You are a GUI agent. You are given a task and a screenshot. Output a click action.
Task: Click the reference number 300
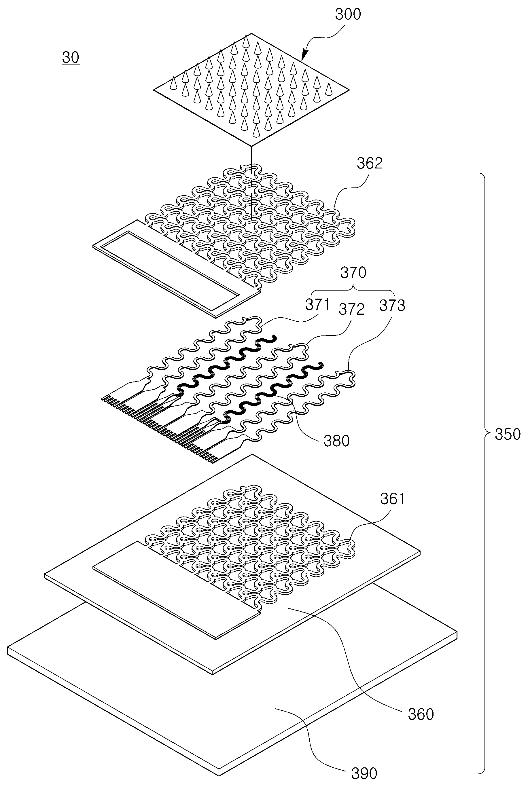click(348, 14)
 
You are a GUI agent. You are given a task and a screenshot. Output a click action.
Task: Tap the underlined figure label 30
click(71, 58)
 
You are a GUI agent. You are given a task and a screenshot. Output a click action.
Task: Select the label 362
click(370, 163)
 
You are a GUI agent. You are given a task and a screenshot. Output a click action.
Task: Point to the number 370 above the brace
click(353, 273)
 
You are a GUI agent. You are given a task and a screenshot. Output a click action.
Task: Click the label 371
click(317, 305)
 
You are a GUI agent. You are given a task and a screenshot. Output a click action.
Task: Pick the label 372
click(351, 309)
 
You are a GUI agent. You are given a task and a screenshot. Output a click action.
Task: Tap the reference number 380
click(337, 441)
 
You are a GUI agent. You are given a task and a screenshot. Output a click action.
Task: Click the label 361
click(393, 498)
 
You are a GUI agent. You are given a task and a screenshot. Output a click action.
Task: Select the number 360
click(421, 714)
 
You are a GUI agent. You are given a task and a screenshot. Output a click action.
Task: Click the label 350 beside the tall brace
click(508, 435)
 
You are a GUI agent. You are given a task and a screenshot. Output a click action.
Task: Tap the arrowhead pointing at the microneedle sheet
click(304, 56)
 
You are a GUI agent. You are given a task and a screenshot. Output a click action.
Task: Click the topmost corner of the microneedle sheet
click(251, 34)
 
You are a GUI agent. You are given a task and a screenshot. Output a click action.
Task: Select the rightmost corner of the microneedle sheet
click(349, 90)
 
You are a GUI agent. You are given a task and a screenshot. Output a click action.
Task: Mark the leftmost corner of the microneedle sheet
click(154, 90)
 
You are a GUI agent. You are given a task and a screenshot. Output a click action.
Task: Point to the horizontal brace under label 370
click(353, 289)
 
